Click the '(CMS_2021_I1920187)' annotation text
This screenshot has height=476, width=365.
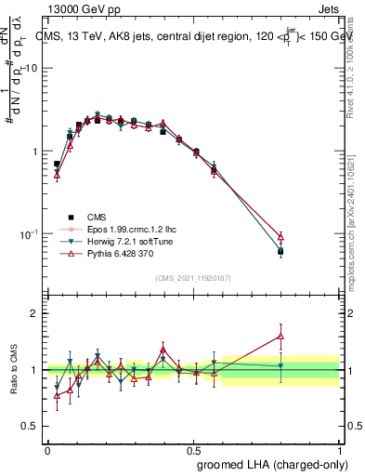tap(193, 278)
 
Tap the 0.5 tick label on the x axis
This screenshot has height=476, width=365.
tap(193, 449)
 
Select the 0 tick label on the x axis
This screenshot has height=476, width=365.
tap(47, 449)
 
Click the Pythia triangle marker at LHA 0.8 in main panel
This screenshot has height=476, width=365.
tap(280, 237)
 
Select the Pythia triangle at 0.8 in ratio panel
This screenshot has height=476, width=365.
tap(280, 336)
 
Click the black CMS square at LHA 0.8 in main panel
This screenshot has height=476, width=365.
tap(280, 251)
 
